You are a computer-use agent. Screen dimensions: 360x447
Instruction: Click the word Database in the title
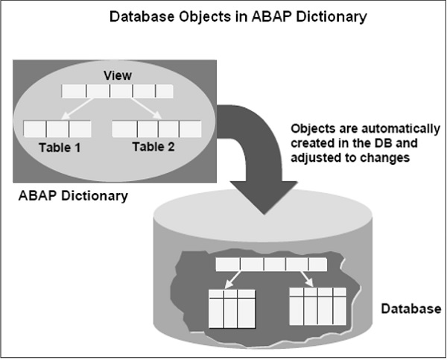pyautogui.click(x=137, y=16)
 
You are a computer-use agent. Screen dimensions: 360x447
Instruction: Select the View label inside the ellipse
pyautogui.click(x=117, y=76)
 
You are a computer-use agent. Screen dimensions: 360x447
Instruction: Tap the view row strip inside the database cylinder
pyautogui.click(x=270, y=264)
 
